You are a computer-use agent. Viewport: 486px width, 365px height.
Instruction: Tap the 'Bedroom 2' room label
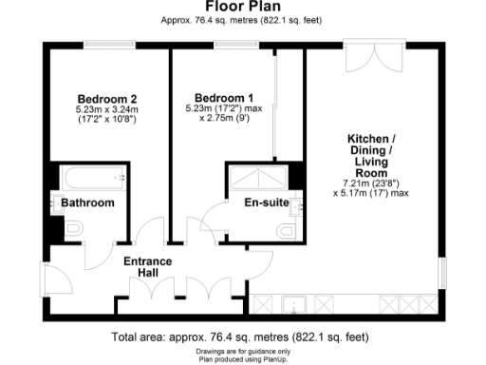click(107, 98)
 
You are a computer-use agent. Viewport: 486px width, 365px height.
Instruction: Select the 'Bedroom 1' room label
click(224, 98)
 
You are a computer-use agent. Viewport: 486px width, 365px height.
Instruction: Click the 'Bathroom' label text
click(88, 203)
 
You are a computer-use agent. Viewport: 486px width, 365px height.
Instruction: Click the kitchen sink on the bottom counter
click(296, 305)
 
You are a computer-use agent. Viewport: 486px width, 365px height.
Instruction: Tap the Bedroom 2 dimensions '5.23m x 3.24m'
click(107, 110)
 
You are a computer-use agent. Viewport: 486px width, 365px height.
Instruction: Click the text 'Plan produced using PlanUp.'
click(242, 359)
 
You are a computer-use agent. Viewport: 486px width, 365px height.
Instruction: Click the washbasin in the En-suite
click(297, 202)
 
